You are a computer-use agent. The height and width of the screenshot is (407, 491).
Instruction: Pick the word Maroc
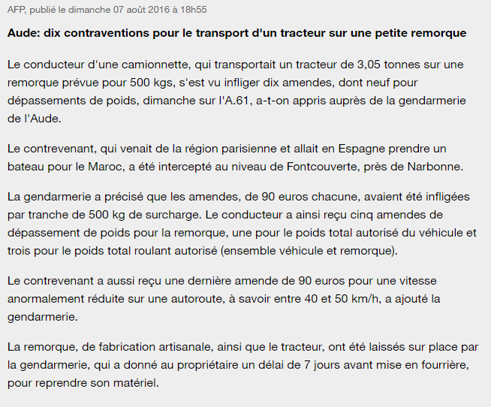click(116, 164)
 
